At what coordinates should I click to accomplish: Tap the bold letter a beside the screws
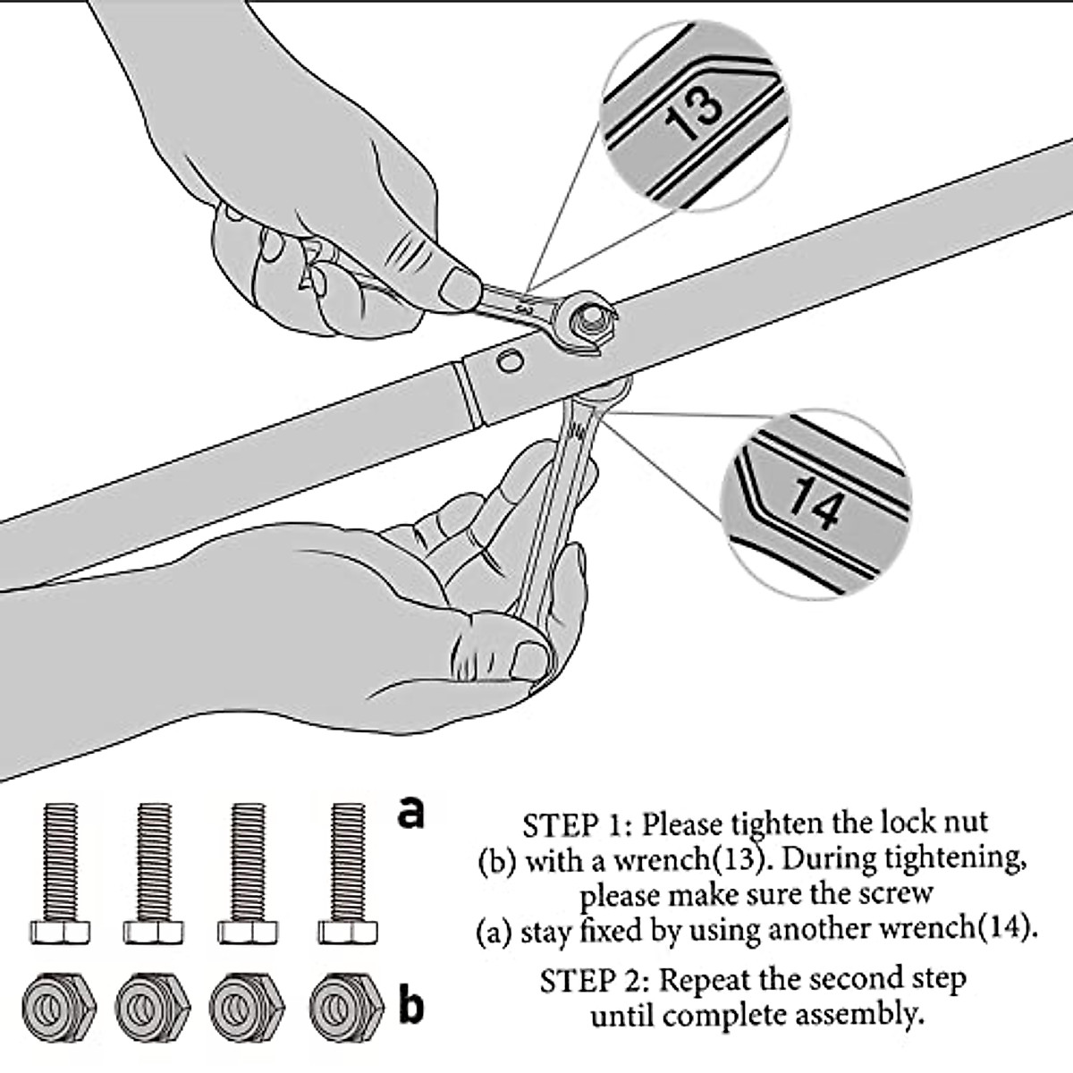410,811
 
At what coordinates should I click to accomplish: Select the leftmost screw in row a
60,872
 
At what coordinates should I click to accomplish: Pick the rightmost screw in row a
347,872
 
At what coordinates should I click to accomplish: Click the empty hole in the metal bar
511,362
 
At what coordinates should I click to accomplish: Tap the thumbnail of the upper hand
461,288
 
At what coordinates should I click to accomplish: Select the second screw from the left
155,872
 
